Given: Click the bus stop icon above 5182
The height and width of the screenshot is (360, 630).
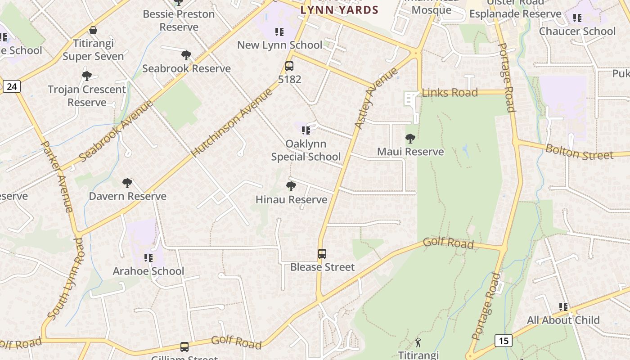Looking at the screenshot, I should click(289, 66).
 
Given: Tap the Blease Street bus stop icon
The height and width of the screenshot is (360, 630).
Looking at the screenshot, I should click(322, 253).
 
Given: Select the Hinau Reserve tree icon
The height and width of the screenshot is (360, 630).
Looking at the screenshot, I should click(291, 186).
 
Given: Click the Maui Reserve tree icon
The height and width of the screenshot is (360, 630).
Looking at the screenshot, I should click(410, 138).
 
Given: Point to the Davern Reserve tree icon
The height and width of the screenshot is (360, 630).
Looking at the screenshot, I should click(127, 183).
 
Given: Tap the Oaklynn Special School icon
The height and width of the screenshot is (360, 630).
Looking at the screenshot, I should click(306, 130).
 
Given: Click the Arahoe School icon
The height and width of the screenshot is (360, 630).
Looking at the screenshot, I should click(148, 258).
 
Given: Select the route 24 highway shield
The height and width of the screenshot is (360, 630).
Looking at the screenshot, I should click(12, 86).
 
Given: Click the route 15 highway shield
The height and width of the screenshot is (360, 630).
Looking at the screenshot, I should click(504, 341).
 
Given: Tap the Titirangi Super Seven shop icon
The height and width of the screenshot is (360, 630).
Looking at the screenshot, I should click(93, 31).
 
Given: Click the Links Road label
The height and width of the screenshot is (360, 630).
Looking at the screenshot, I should click(450, 93).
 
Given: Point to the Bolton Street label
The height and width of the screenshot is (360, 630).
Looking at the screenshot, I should click(579, 152).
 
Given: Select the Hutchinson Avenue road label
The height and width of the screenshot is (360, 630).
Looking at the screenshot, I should click(232, 123).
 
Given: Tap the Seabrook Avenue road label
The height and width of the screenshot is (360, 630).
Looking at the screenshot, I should click(116, 131).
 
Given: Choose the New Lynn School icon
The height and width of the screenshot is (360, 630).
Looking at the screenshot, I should click(279, 32).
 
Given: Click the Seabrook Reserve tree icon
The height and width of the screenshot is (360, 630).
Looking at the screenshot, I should click(186, 55).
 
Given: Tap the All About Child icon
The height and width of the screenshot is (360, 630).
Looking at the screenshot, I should click(563, 307).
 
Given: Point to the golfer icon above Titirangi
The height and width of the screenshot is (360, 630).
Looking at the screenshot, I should click(418, 342).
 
